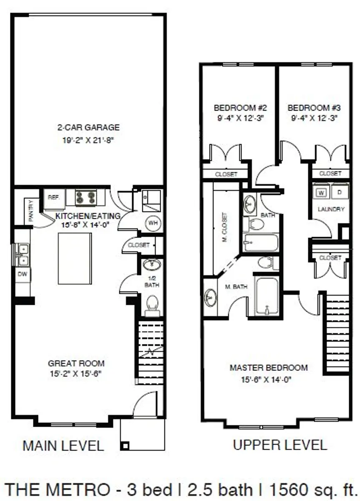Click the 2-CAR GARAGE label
[88, 128]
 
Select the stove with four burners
[86, 197]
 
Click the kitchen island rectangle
[75, 258]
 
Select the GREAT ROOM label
[76, 364]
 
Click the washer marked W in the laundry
[322, 192]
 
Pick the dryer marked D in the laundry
[339, 192]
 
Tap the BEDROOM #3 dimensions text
[314, 118]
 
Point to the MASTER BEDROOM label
[269, 368]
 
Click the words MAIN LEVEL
[63, 445]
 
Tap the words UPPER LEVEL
[280, 445]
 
